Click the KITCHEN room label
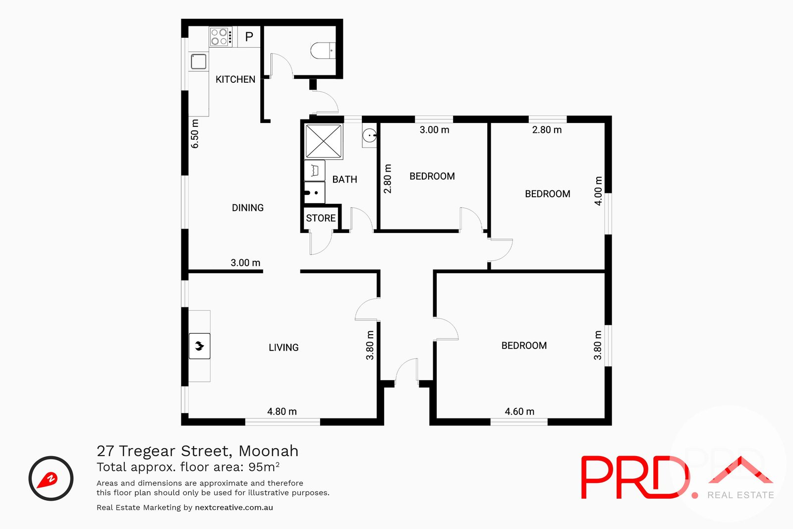coord(235,79)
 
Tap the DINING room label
coord(248,208)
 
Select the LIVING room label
coord(283,348)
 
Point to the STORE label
coord(321,218)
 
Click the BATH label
coord(345,179)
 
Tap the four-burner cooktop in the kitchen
coord(221,37)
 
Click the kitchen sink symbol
coord(199,61)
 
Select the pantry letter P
coord(249,37)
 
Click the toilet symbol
coord(323,51)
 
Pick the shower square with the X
coord(324,141)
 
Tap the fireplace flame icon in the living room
coord(199,346)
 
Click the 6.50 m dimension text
coord(195,134)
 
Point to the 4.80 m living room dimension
coord(282,411)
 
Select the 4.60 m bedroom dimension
coord(519,411)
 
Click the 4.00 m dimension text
coord(598,191)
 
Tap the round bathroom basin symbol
coord(369,135)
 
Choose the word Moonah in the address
coord(268,451)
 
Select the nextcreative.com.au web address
coord(234,507)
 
